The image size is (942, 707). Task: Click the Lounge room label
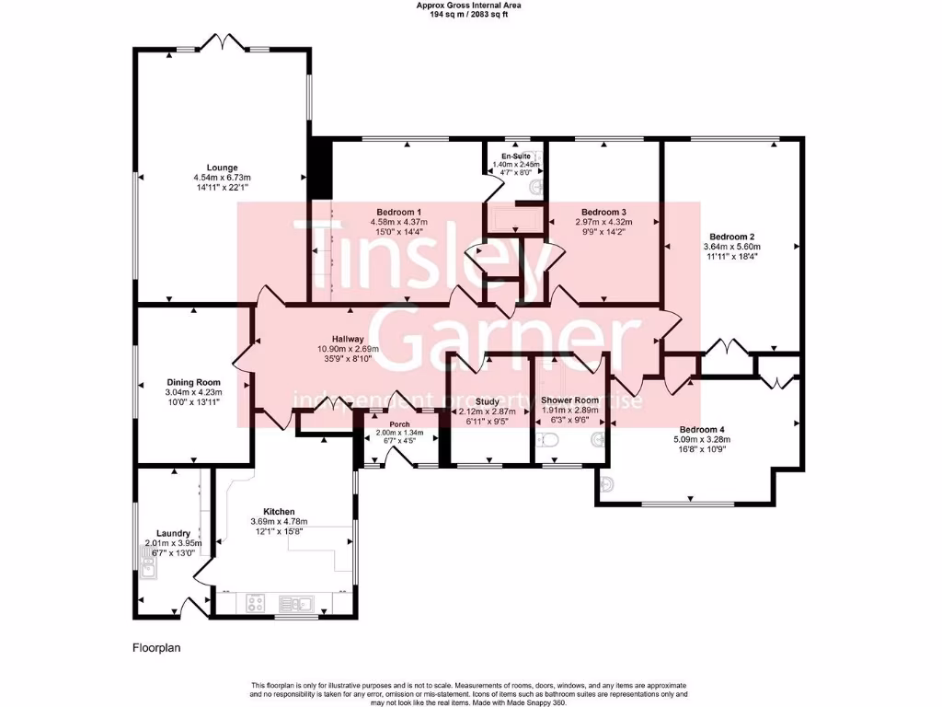click(222, 168)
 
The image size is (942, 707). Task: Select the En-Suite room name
click(515, 156)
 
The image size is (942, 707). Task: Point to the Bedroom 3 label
click(603, 212)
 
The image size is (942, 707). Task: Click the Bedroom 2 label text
click(732, 236)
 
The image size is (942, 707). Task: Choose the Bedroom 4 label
click(702, 429)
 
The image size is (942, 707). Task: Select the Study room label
click(488, 401)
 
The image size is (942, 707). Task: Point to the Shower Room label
click(569, 400)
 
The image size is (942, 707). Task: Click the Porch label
click(399, 424)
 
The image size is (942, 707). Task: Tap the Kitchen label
click(279, 511)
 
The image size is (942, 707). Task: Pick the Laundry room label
click(173, 533)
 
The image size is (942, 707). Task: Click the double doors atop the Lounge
click(224, 42)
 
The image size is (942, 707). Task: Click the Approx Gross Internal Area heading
click(470, 6)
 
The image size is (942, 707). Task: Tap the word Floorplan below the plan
click(155, 648)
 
